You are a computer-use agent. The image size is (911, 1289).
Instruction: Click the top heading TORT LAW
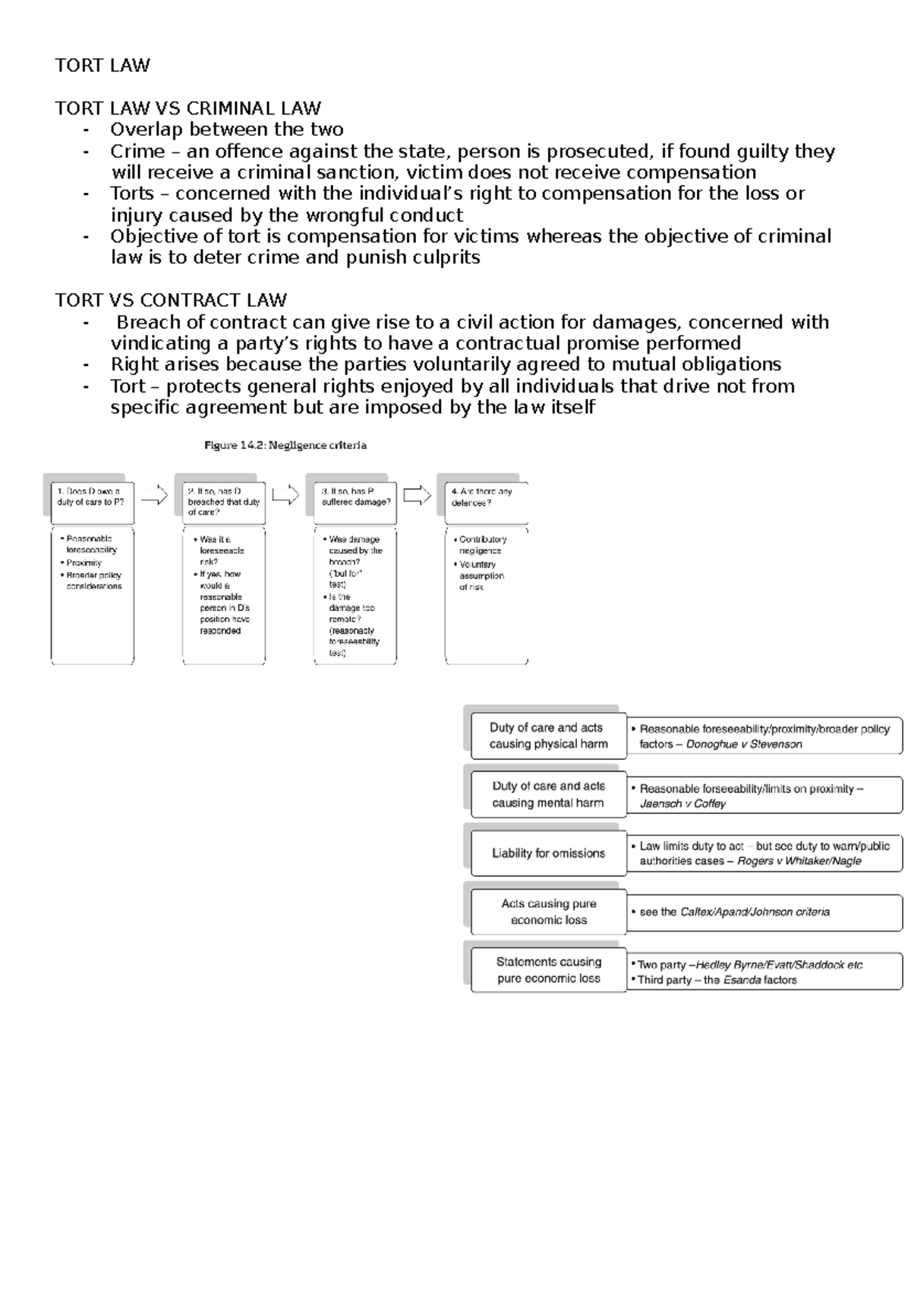[x=102, y=65]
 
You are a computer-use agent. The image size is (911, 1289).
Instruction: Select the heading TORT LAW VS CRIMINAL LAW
[x=188, y=108]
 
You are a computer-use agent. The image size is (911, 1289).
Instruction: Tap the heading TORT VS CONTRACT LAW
[x=171, y=300]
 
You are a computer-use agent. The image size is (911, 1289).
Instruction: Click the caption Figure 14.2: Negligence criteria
[x=285, y=446]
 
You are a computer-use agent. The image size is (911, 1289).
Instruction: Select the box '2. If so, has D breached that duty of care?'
[x=223, y=502]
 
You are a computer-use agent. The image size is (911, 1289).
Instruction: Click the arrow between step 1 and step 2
[x=154, y=496]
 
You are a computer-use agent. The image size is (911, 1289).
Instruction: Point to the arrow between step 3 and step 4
[x=417, y=496]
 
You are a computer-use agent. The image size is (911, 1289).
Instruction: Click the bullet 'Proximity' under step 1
[x=84, y=563]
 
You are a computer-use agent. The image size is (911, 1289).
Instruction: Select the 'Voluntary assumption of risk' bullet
[x=481, y=575]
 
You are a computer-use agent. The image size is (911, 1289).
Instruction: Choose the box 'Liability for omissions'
[x=548, y=853]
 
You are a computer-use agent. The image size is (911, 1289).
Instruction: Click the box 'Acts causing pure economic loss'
[x=548, y=912]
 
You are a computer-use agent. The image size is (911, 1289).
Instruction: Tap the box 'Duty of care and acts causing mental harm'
[x=548, y=794]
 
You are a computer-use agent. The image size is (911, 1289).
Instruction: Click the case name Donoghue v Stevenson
[x=744, y=745]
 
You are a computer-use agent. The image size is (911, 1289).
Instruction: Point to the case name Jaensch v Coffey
[x=682, y=804]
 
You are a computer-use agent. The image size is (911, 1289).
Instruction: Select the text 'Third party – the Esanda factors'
[x=717, y=980]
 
